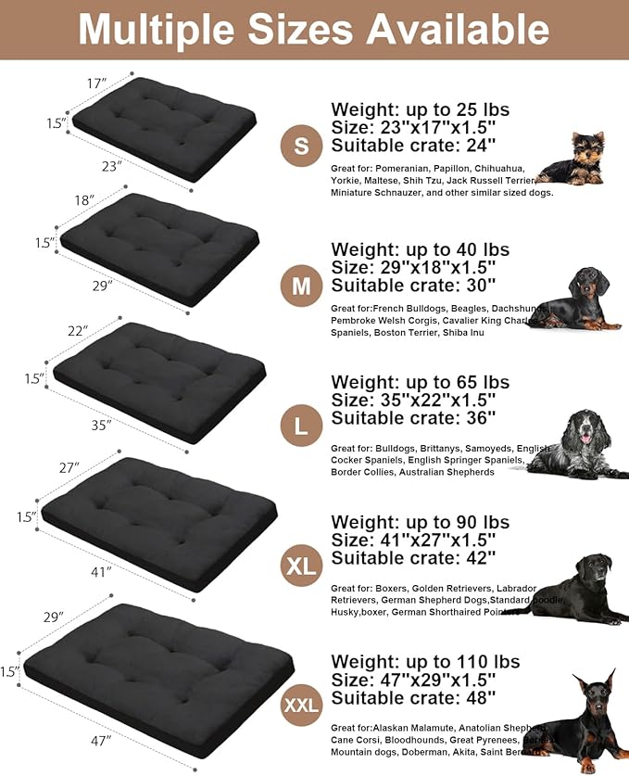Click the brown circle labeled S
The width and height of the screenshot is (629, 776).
300,146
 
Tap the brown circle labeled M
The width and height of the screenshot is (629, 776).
300,286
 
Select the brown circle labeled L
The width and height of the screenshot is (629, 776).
300,426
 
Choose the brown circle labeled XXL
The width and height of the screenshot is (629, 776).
300,706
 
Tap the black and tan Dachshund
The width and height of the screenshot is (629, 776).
578,299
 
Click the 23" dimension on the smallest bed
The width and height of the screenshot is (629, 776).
112,167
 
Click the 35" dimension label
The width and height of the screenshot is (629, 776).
101,425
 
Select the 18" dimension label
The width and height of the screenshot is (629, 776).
83,200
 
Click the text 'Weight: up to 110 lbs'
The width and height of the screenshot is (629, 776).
425,662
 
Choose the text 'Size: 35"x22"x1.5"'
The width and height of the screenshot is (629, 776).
413,400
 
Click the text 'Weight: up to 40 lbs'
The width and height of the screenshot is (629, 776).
420,249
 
